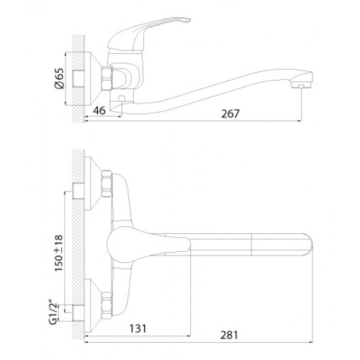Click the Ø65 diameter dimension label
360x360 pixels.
[x=59, y=78]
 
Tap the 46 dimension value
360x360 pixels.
[x=99, y=111]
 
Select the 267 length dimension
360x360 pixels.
[x=230, y=114]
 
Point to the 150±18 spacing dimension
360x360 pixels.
[x=59, y=253]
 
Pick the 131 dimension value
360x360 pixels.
[x=138, y=328]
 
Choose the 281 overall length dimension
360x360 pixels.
[x=229, y=335]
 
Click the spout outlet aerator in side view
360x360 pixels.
[x=300, y=84]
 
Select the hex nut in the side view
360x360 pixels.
[x=107, y=78]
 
